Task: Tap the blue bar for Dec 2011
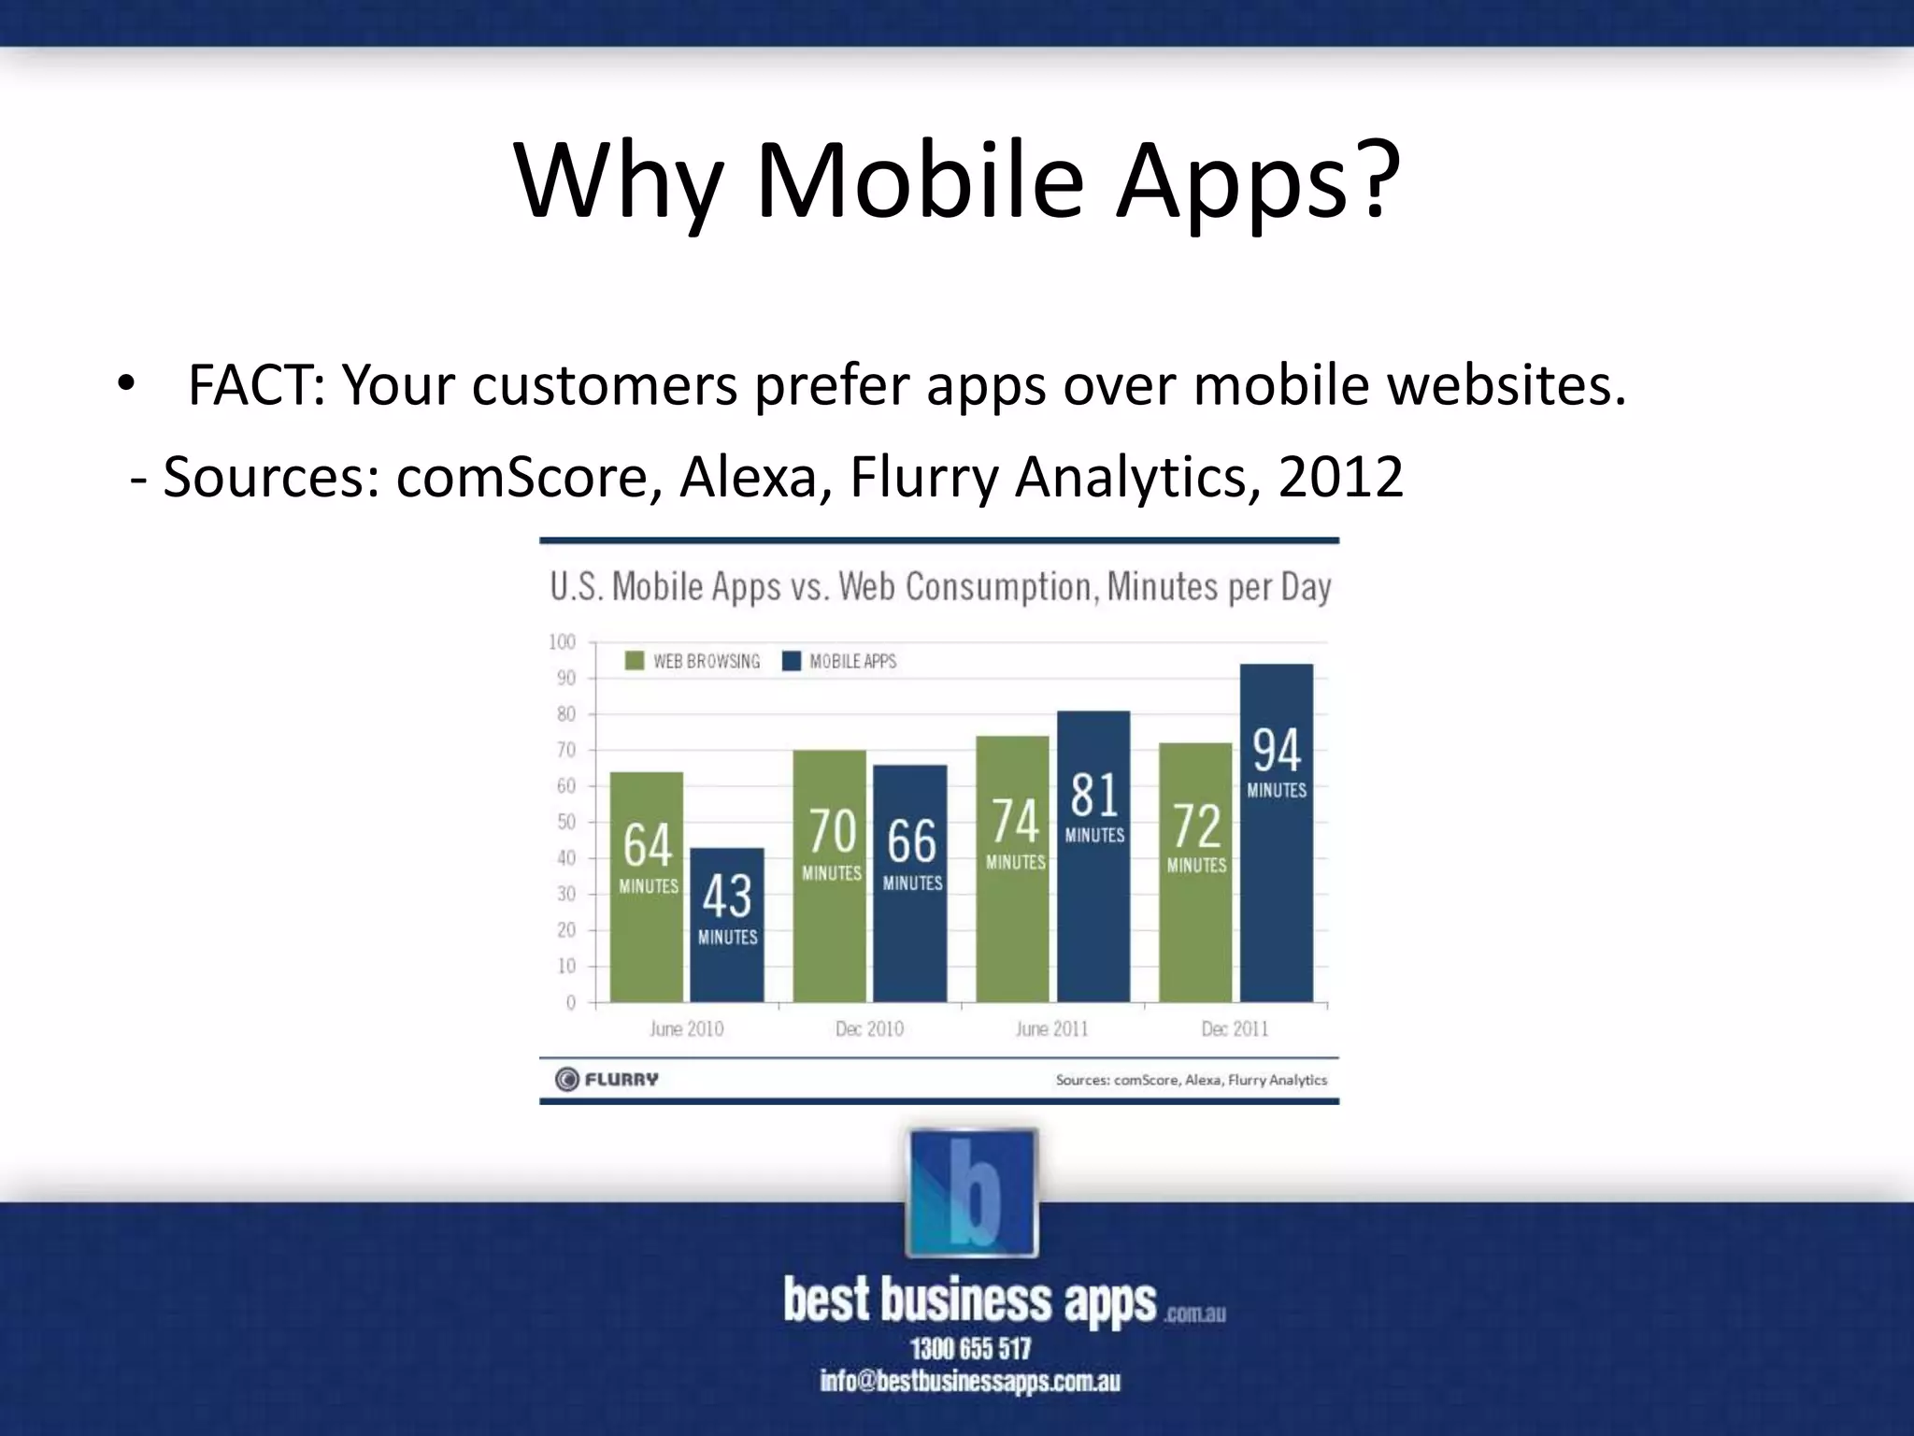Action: [1276, 832]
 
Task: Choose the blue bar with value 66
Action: [910, 883]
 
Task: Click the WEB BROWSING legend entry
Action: [693, 661]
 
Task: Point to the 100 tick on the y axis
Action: [563, 642]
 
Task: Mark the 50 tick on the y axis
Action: [566, 822]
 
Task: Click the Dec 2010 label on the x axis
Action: [869, 1028]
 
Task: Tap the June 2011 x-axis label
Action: [1051, 1028]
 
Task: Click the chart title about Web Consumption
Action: [939, 587]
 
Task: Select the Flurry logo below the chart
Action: [607, 1079]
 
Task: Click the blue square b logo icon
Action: [972, 1193]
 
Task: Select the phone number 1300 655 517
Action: [970, 1348]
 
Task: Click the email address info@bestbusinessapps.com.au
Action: [970, 1381]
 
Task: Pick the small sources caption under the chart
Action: [1191, 1080]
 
